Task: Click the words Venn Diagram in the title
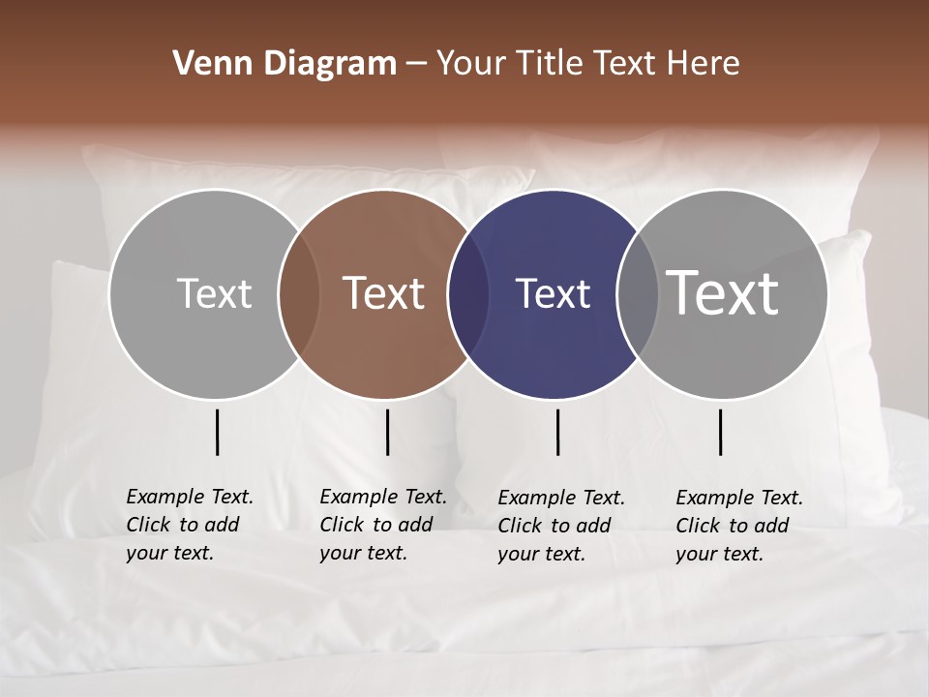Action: pyautogui.click(x=285, y=64)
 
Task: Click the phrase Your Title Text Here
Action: pyautogui.click(x=587, y=64)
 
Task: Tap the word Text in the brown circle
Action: pyautogui.click(x=384, y=293)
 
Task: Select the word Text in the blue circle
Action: pyautogui.click(x=553, y=293)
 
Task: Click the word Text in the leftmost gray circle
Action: pyautogui.click(x=214, y=293)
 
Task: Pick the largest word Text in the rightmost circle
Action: pyautogui.click(x=723, y=292)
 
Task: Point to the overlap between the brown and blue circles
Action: pyautogui.click(x=468, y=293)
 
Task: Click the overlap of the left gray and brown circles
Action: pyautogui.click(x=299, y=293)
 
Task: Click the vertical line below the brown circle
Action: pyautogui.click(x=387, y=432)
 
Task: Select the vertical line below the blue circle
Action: pyautogui.click(x=558, y=432)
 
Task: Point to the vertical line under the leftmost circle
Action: pyautogui.click(x=217, y=432)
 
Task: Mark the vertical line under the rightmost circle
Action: pyautogui.click(x=721, y=432)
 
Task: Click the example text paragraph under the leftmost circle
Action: pyautogui.click(x=190, y=525)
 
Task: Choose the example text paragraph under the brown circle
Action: pyautogui.click(x=383, y=525)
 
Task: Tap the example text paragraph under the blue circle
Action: pyautogui.click(x=561, y=526)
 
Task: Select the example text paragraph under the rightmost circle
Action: pyautogui.click(x=739, y=526)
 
